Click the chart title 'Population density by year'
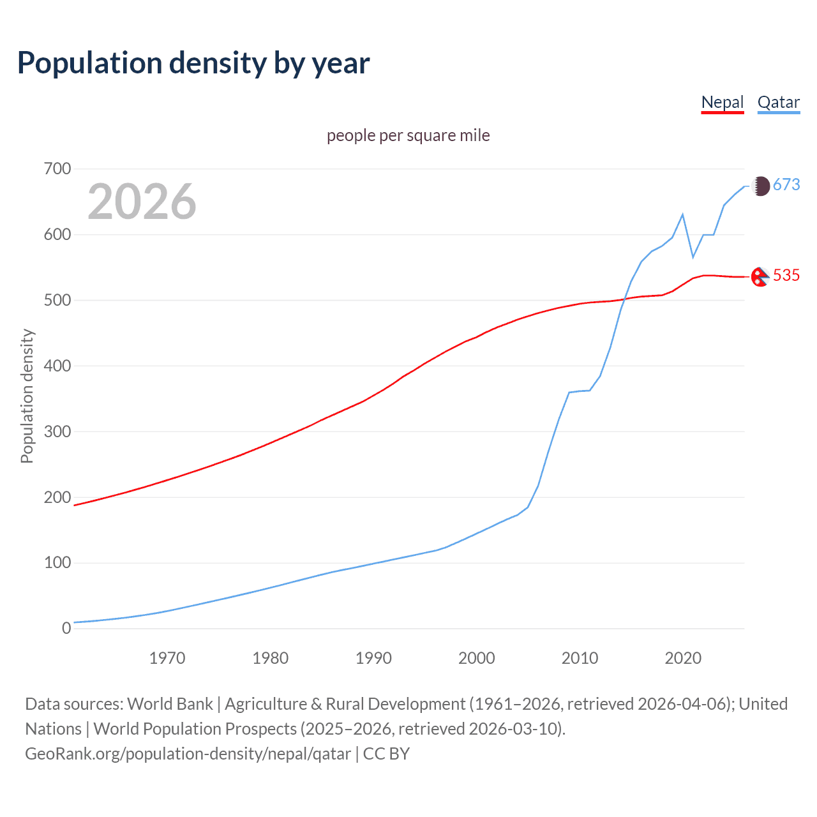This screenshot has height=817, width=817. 193,63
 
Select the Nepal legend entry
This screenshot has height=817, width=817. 722,102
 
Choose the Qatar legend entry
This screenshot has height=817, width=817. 778,102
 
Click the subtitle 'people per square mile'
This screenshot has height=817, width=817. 408,135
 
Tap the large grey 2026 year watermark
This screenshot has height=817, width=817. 142,202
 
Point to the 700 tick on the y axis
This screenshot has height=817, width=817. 57,169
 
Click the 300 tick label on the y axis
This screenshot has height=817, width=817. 57,432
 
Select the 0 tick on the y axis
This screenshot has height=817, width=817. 66,629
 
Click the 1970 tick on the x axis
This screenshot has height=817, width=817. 167,658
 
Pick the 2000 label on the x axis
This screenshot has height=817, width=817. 477,658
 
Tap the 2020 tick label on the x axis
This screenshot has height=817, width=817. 683,658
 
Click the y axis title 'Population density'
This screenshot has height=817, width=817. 27,396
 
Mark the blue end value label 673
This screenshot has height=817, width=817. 786,185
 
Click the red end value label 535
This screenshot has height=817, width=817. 786,276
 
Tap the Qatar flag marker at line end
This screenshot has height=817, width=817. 760,186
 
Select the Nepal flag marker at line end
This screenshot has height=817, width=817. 759,277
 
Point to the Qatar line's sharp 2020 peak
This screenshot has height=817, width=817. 683,214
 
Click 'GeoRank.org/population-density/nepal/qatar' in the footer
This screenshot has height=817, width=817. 188,754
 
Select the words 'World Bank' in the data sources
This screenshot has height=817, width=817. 170,704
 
